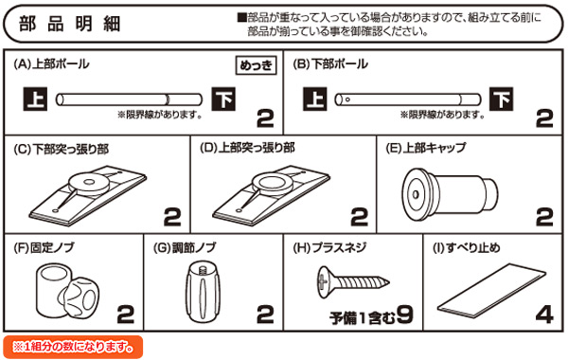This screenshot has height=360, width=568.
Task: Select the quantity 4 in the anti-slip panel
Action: (543, 312)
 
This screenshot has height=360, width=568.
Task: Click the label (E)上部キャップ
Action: (423, 149)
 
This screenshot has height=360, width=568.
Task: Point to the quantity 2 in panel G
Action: (264, 312)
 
